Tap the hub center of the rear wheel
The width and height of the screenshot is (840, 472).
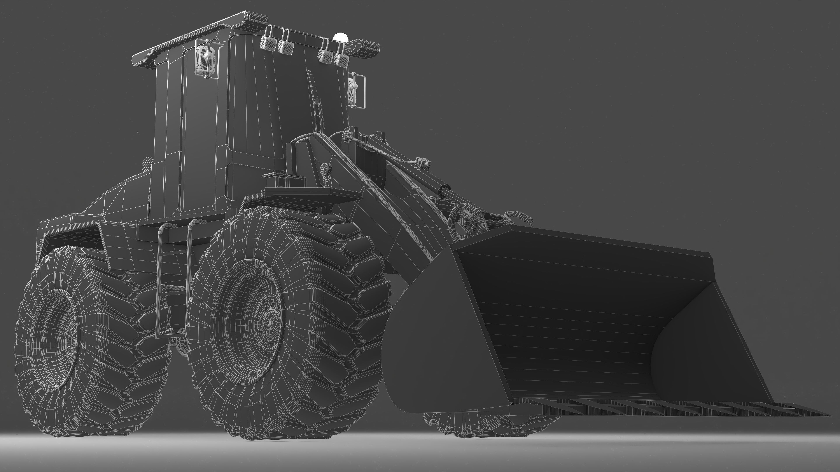[x=73, y=339]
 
